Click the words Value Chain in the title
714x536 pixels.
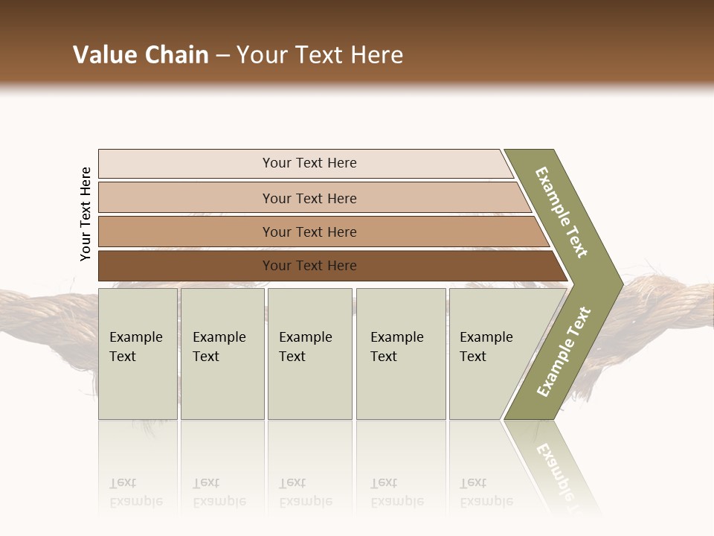[141, 55]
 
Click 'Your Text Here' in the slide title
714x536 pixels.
[320, 55]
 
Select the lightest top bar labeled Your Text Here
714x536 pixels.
[309, 163]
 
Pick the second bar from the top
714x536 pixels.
[309, 198]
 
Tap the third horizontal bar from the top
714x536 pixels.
[309, 232]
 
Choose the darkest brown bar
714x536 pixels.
[309, 266]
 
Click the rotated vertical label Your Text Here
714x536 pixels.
[86, 214]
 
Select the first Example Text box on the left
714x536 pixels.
[138, 354]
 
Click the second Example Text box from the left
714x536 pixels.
[222, 354]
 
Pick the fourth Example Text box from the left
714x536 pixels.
[400, 354]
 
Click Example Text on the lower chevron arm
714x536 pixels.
[564, 352]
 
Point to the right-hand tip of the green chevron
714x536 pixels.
[621, 284]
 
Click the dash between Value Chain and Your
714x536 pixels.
[222, 55]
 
